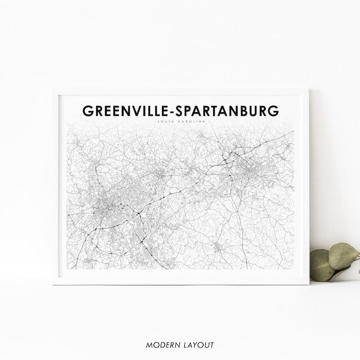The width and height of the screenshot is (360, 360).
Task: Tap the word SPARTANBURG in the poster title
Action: [x=229, y=112]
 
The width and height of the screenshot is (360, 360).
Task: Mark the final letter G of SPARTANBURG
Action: [x=273, y=112]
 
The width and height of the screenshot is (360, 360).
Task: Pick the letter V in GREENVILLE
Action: [x=132, y=112]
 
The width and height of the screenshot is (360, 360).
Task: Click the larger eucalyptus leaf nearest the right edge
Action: [x=343, y=256]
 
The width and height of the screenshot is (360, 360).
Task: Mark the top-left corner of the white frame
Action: [x=53, y=90]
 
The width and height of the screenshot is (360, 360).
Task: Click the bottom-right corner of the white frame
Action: [x=308, y=284]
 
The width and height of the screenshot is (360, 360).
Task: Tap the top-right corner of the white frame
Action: [x=308, y=90]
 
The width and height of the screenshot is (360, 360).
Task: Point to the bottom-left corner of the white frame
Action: [x=53, y=284]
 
